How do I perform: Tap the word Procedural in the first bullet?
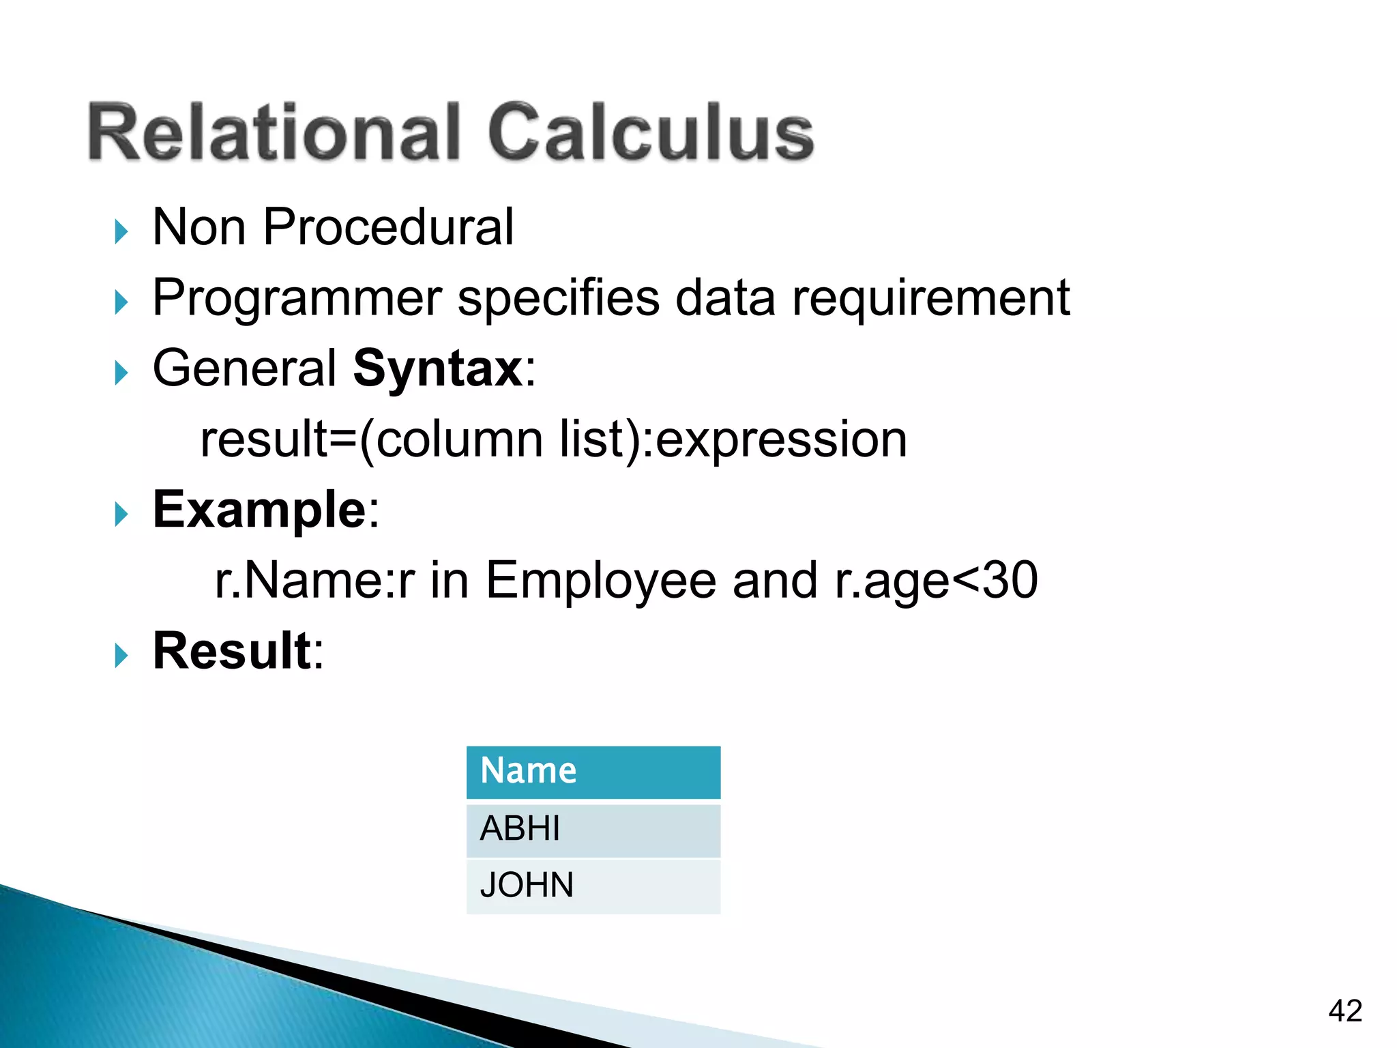(388, 227)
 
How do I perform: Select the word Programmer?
(297, 298)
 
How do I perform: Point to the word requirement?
(930, 298)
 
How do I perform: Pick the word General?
(244, 369)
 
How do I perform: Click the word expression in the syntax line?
(781, 440)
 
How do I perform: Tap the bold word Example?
(260, 510)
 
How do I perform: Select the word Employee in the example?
(600, 581)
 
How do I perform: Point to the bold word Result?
(232, 651)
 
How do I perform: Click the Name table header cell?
(593, 772)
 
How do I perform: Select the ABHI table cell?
(593, 830)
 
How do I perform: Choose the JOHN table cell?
(593, 886)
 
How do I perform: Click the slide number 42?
(1345, 1010)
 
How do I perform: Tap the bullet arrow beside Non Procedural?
(121, 231)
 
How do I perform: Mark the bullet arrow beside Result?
(121, 656)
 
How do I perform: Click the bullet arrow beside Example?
(121, 514)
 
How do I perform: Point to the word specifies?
(559, 298)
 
